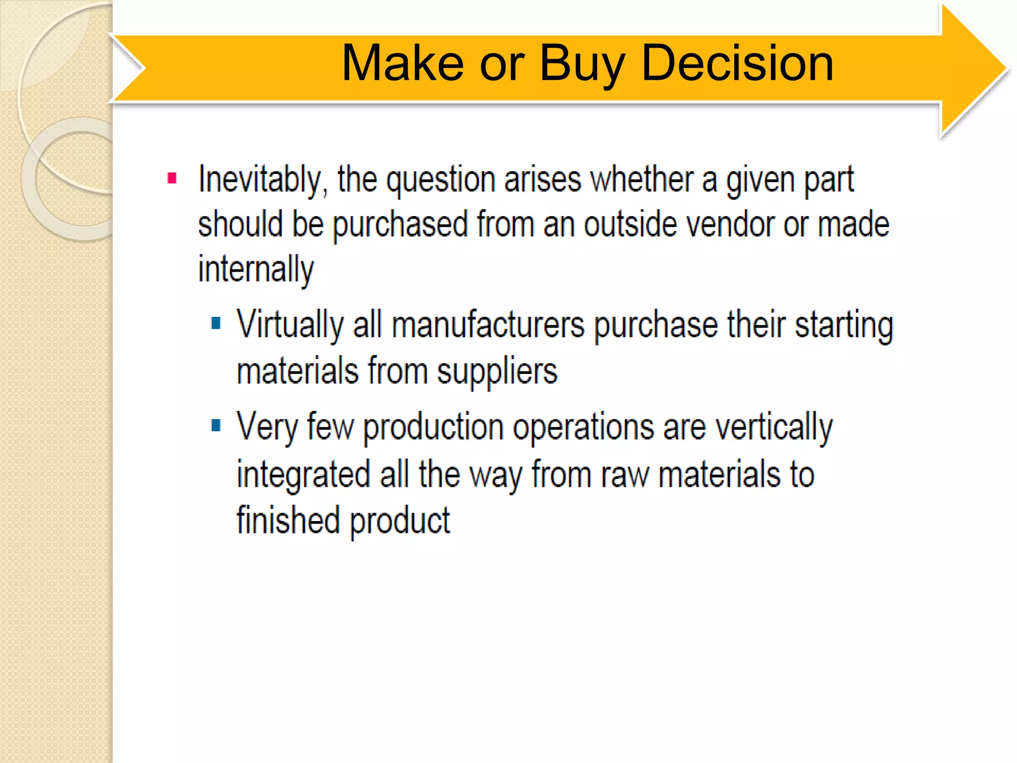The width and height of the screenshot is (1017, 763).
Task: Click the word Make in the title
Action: click(x=403, y=64)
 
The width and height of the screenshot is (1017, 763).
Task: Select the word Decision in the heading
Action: click(x=737, y=64)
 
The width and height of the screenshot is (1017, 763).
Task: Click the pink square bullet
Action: click(x=172, y=178)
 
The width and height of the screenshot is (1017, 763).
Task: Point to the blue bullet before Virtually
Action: click(x=216, y=323)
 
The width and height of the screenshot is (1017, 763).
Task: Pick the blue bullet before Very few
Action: click(x=216, y=425)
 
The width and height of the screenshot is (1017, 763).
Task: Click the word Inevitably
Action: click(x=263, y=180)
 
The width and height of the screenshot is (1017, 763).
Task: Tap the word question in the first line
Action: click(x=441, y=180)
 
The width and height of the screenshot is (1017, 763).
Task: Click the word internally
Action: click(x=256, y=270)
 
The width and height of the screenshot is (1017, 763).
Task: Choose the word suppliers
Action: click(x=497, y=372)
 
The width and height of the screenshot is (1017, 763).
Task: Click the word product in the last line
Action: click(x=400, y=521)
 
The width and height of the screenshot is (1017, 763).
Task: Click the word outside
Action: click(x=630, y=225)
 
